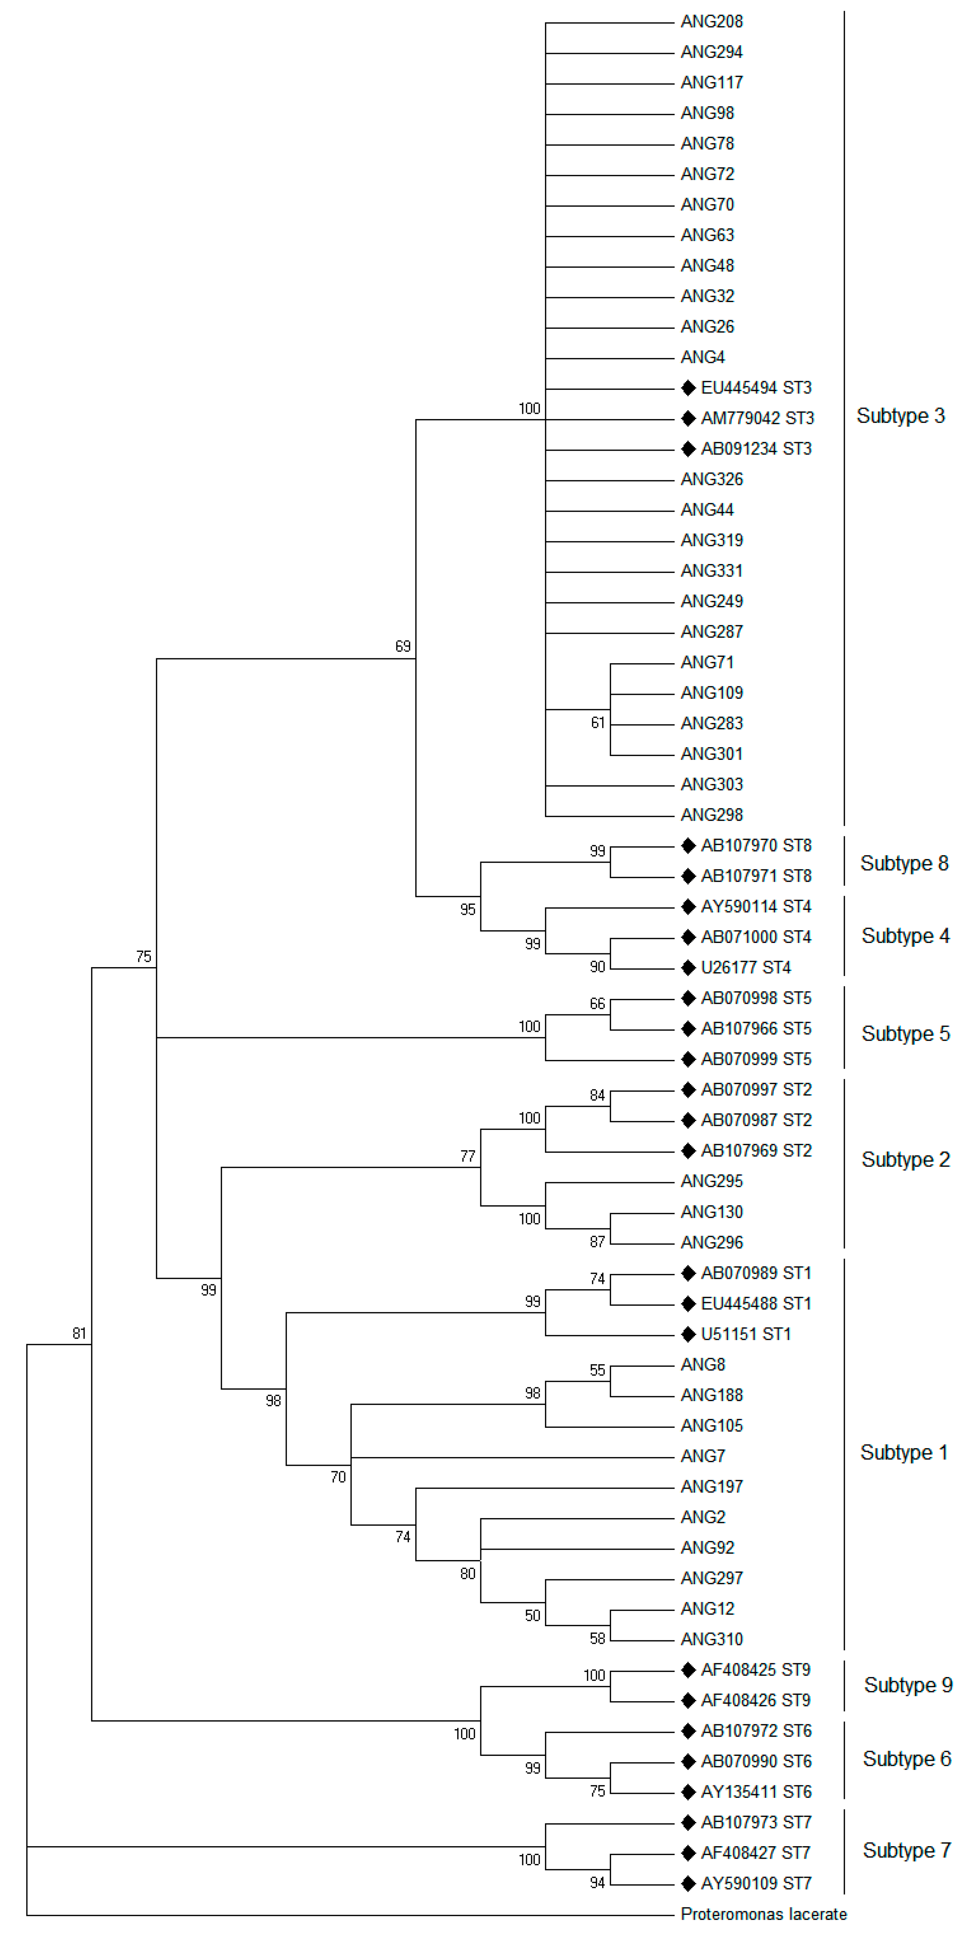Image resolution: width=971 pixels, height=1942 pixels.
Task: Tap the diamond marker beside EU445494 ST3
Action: [x=688, y=388]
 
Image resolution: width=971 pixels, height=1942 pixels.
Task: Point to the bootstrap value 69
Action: [x=403, y=646]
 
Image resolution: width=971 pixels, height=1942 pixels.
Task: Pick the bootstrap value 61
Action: [x=597, y=723]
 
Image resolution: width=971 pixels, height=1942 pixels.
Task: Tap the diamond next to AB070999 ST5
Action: [x=688, y=1059]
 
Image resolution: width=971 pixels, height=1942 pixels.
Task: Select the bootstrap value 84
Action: [x=597, y=1095]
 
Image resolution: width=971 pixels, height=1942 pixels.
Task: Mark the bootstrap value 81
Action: [x=79, y=1334]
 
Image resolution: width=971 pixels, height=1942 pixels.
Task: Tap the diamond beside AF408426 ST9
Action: [x=688, y=1701]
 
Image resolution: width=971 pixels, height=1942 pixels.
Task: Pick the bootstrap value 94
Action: [x=597, y=1883]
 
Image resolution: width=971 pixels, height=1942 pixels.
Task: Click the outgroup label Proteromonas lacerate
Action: [x=763, y=1914]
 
